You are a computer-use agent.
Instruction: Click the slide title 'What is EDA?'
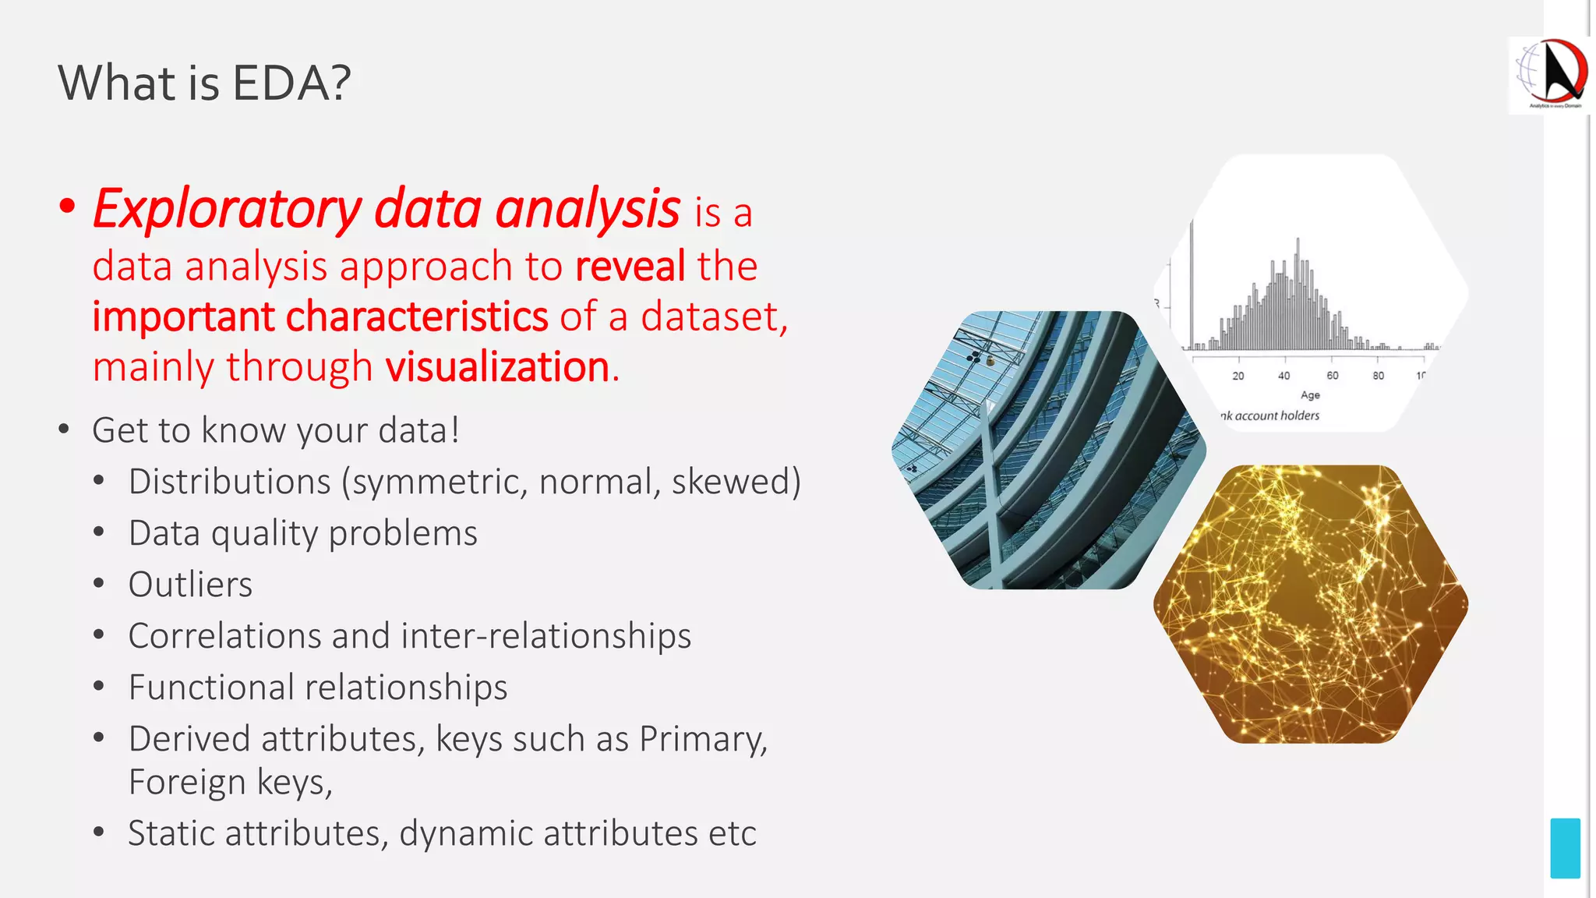[204, 83]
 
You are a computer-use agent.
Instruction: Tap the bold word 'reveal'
[630, 267]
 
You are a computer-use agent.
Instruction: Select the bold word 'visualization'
[497, 367]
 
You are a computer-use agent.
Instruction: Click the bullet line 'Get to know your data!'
[276, 430]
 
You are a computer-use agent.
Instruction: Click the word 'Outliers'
[190, 585]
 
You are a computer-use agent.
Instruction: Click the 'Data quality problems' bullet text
[302, 534]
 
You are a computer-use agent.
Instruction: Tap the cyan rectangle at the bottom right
[1565, 848]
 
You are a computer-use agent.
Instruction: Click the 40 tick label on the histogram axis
[1284, 376]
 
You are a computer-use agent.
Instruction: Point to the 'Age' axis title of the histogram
[1310, 395]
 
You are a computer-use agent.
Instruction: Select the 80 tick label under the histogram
[1378, 376]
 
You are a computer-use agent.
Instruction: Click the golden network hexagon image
[1311, 604]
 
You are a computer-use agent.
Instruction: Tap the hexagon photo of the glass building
[1048, 450]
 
